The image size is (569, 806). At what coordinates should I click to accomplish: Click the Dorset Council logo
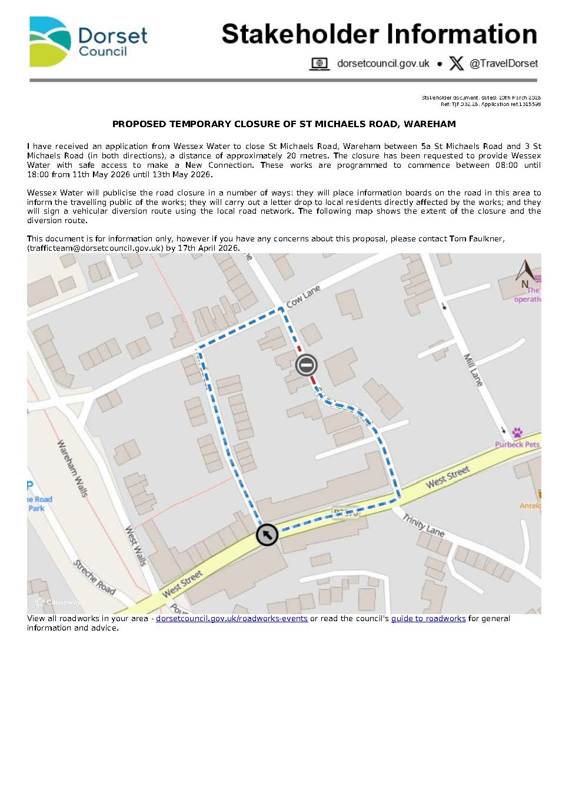tap(88, 42)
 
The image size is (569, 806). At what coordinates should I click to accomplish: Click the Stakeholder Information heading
tap(379, 34)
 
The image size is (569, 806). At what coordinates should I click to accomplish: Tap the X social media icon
tap(456, 64)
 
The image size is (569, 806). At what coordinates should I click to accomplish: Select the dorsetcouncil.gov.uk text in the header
tap(383, 64)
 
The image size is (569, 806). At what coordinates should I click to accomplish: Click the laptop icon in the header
tap(320, 64)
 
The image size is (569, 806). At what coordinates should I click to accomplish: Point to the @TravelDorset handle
tap(504, 64)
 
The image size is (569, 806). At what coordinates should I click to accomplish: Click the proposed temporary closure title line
tap(284, 124)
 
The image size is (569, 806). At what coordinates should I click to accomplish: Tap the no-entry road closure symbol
tap(306, 365)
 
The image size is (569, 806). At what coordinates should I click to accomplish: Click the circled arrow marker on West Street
tap(267, 535)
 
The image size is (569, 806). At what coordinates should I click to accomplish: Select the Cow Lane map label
tap(304, 296)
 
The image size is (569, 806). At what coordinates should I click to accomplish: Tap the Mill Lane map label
tap(473, 370)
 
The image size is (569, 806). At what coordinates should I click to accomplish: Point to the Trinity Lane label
tap(424, 525)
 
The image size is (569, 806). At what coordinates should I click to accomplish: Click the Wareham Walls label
tap(72, 468)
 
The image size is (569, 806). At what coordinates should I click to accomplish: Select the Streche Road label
tap(94, 577)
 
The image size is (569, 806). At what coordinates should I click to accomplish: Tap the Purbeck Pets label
tap(517, 445)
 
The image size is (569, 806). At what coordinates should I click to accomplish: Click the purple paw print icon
tap(517, 433)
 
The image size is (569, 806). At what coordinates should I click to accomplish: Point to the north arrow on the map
tap(525, 272)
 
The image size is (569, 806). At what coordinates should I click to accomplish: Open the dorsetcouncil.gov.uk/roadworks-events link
tap(232, 619)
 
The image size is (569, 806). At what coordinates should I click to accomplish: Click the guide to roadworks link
tap(428, 619)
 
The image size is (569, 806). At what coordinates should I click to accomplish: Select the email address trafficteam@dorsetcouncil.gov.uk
tap(95, 248)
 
